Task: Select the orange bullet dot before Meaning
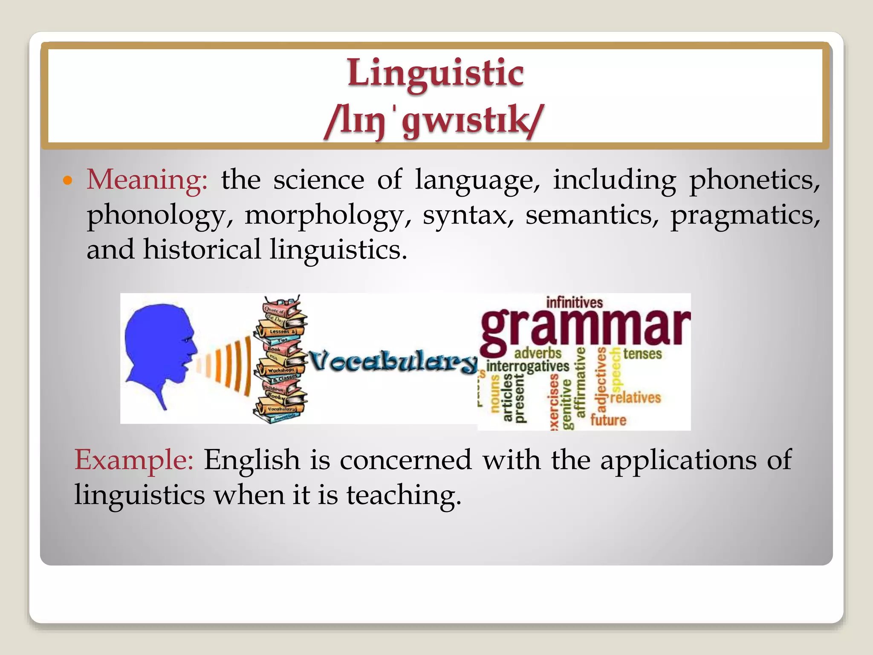67,180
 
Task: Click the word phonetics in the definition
754,180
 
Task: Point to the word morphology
323,215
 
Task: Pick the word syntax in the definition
468,215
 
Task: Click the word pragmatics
744,215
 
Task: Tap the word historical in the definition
202,249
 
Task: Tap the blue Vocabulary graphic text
392,362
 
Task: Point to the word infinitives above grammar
574,303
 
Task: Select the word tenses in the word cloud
642,354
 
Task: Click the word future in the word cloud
608,420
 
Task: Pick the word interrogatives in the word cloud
528,366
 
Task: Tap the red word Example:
134,460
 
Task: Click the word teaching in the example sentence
403,495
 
